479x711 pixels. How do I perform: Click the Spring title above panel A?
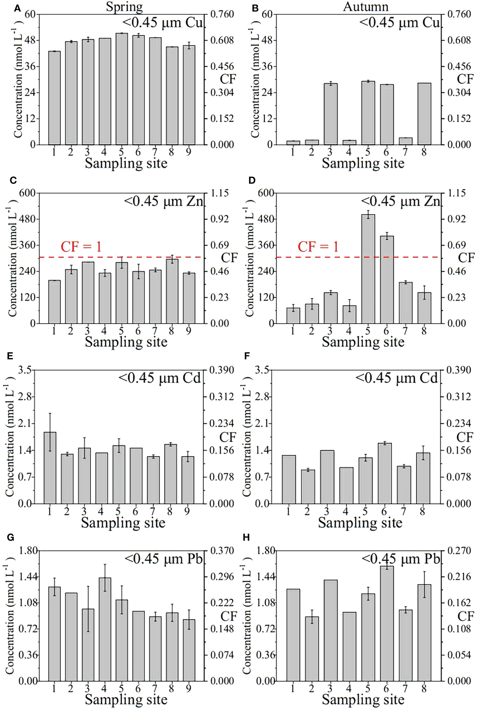pyautogui.click(x=124, y=7)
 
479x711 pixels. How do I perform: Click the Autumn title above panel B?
pyautogui.click(x=365, y=7)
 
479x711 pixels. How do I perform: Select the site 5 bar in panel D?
pyautogui.click(x=368, y=269)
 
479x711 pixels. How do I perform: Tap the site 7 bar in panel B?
pyautogui.click(x=405, y=141)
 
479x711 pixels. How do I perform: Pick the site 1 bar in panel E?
pyautogui.click(x=50, y=468)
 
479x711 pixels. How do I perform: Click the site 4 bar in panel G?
pyautogui.click(x=104, y=629)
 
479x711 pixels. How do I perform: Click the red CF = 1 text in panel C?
pyautogui.click(x=81, y=247)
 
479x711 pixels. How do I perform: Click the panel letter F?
pyautogui.click(x=247, y=356)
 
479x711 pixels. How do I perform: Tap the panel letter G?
pyautogui.click(x=10, y=537)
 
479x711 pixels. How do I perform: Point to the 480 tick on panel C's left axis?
pyautogui.click(x=28, y=219)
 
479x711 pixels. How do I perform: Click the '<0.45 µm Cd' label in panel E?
pyautogui.click(x=160, y=378)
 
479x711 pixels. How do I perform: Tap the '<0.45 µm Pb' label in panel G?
pyautogui.click(x=164, y=559)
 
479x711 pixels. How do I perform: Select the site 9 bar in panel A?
pyautogui.click(x=189, y=95)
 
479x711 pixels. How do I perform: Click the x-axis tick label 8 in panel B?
pyautogui.click(x=424, y=152)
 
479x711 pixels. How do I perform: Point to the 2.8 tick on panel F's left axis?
pyautogui.click(x=262, y=396)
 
